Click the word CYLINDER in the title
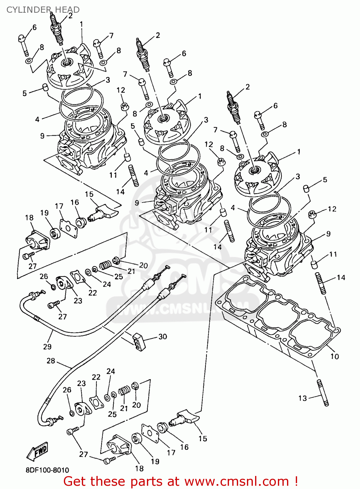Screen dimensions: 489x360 pyautogui.click(x=29, y=10)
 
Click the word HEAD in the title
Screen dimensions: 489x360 pyautogui.click(x=67, y=10)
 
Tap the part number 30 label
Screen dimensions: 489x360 pyautogui.click(x=162, y=336)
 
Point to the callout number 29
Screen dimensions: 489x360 pyautogui.click(x=47, y=347)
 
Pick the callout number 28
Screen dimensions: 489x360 pyautogui.click(x=51, y=361)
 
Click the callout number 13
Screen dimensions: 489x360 pyautogui.click(x=303, y=398)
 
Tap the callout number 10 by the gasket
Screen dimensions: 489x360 pyautogui.click(x=335, y=356)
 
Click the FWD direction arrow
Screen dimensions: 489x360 pyautogui.click(x=37, y=451)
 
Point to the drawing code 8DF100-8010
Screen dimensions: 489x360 pyautogui.click(x=47, y=470)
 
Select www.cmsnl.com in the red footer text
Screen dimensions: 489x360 pyautogui.click(x=237, y=482)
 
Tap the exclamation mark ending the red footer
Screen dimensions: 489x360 pyautogui.click(x=295, y=482)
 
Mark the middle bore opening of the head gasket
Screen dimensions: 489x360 pyautogui.click(x=277, y=315)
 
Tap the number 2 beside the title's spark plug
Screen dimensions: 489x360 pyautogui.click(x=70, y=16)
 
